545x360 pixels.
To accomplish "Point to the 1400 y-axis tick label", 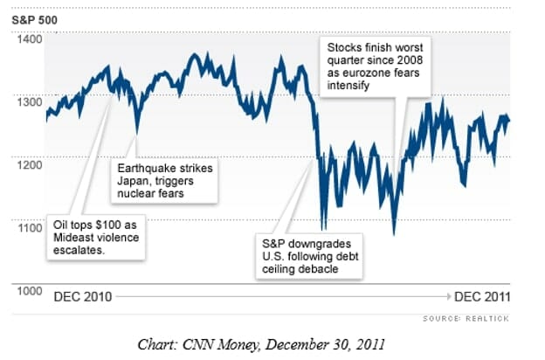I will (30, 39).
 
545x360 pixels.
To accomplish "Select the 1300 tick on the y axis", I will (30, 102).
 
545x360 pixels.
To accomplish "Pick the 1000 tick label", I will (30, 290).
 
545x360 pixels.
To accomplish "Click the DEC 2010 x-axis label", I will (83, 296).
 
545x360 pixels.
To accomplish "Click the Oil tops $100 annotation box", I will (96, 237).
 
